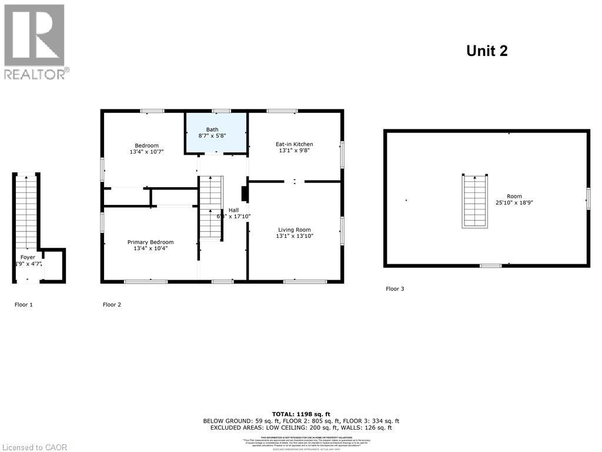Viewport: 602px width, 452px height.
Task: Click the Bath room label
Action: click(x=212, y=129)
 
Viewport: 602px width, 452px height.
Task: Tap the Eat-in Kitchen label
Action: click(x=294, y=144)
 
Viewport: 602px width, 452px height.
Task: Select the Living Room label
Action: click(x=295, y=230)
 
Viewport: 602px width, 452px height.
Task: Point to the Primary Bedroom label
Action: click(x=150, y=242)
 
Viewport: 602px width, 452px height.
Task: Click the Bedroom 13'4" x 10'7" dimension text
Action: click(x=146, y=152)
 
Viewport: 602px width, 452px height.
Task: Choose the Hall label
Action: click(x=233, y=210)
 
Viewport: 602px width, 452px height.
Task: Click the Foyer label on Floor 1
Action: click(x=28, y=257)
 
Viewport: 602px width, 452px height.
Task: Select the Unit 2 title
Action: click(x=486, y=51)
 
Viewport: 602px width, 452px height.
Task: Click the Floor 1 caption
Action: click(x=24, y=304)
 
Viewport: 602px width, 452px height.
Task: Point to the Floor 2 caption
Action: click(x=112, y=304)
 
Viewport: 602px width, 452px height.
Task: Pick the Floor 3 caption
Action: click(x=394, y=288)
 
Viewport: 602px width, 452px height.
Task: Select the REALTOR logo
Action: click(x=35, y=41)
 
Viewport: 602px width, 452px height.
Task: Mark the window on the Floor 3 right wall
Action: click(x=587, y=199)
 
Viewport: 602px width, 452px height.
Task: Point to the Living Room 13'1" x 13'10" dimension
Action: click(x=295, y=236)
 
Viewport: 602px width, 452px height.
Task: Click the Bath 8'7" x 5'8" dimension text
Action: click(x=212, y=135)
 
